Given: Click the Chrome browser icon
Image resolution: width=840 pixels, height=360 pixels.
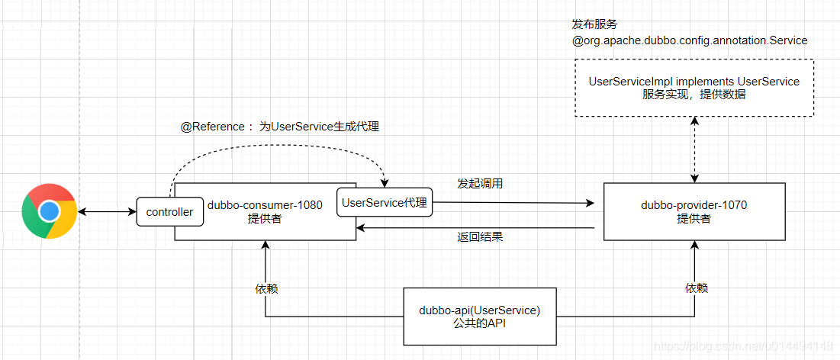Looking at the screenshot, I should [x=50, y=211].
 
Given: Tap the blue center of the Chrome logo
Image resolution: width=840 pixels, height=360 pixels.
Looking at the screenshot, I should [x=50, y=211].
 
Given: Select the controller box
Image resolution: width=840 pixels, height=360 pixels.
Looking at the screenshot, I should [x=169, y=212].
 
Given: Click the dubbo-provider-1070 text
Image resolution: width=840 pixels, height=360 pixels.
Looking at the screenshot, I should [x=693, y=205].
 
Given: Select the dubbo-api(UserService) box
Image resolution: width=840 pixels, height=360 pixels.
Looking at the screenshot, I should [x=479, y=317].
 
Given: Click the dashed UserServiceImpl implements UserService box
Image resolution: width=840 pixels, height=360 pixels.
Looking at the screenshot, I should [x=694, y=88].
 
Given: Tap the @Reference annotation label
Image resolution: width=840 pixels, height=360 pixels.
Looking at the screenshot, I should [x=279, y=127].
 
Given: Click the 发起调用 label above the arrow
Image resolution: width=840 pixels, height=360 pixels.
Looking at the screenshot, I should [x=480, y=184].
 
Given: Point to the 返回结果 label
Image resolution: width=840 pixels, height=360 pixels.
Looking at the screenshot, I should [x=480, y=236].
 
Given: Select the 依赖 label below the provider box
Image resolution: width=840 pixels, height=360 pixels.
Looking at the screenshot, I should [x=696, y=288].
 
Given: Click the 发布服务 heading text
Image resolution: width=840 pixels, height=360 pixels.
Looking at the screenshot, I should [x=594, y=25].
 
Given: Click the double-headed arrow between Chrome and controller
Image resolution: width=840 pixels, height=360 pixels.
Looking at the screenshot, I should [x=105, y=211].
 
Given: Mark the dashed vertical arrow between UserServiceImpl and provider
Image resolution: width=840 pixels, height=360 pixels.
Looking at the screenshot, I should [x=694, y=149].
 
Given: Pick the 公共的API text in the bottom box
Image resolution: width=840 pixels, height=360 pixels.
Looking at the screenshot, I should [x=479, y=323].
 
